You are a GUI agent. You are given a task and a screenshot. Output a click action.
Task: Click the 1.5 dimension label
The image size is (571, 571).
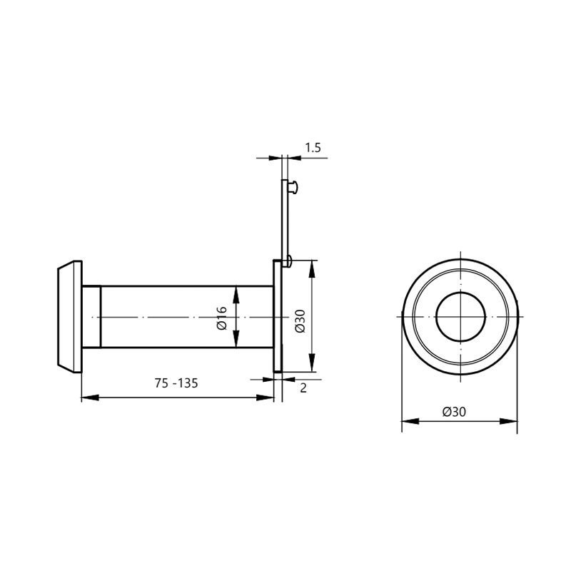tap(313, 148)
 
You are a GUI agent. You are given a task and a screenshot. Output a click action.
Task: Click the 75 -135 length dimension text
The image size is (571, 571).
tap(176, 383)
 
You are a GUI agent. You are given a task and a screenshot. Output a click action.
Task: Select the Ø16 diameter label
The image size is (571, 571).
tap(222, 318)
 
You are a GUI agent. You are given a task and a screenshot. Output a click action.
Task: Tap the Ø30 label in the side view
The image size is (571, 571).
tap(300, 320)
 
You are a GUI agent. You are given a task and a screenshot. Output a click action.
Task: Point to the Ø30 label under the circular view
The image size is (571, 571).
tap(454, 412)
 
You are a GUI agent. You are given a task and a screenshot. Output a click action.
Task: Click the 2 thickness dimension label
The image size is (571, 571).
tap(303, 388)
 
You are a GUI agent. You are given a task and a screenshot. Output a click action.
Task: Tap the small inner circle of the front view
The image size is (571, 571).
tap(460, 316)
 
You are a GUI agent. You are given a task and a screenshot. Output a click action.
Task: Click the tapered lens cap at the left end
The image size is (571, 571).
tap(70, 317)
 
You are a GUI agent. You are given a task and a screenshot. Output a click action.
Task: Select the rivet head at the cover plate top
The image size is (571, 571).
tap(293, 187)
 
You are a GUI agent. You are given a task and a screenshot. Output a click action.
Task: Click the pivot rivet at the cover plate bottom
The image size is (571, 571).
tap(289, 261)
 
